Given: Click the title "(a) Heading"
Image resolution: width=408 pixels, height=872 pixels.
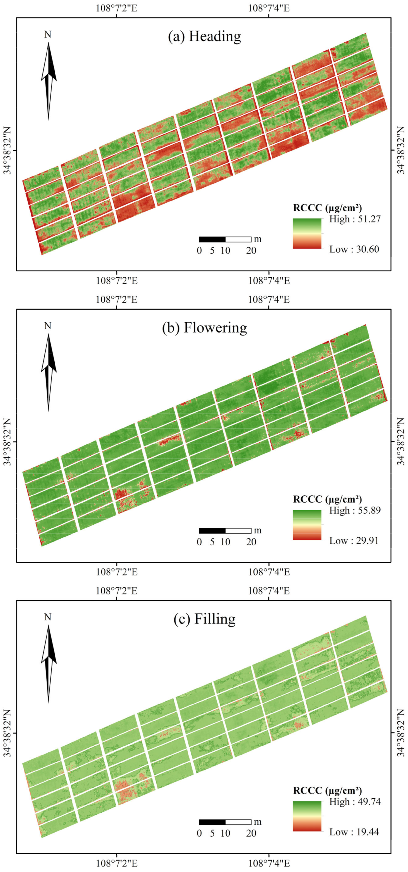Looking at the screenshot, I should (x=204, y=36).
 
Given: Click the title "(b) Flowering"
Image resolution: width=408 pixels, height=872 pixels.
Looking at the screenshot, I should (x=204, y=328).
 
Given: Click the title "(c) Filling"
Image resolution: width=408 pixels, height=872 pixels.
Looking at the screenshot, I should (x=204, y=619).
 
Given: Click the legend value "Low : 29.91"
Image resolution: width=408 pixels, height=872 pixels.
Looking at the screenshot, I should (x=354, y=541).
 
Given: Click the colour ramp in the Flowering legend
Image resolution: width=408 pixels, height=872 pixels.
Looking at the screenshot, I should (x=307, y=525).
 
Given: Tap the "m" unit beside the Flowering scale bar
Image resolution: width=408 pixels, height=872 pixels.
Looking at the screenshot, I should (x=258, y=530).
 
